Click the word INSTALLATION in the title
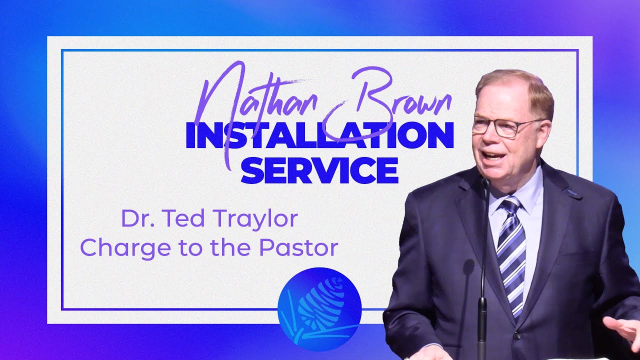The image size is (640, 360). point(319,136)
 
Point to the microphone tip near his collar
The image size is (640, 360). point(485,183)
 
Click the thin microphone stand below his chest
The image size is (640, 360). point(482,280)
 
